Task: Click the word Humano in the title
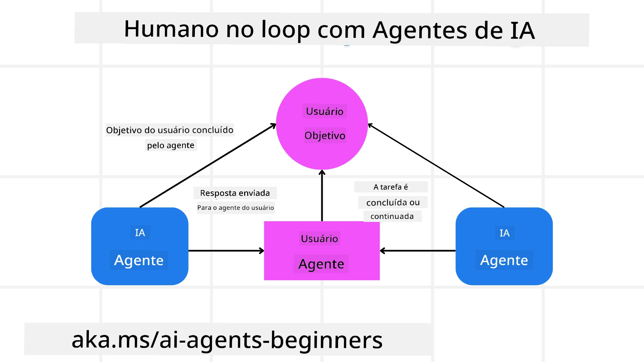pyautogui.click(x=171, y=29)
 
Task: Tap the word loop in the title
pyautogui.click(x=285, y=30)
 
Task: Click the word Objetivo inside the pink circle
pyautogui.click(x=325, y=135)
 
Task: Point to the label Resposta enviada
pyautogui.click(x=235, y=193)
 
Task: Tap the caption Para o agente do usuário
pyautogui.click(x=235, y=208)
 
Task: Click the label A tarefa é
pyautogui.click(x=391, y=187)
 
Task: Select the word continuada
pyautogui.click(x=392, y=217)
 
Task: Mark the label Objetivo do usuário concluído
pyautogui.click(x=170, y=130)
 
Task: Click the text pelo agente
pyautogui.click(x=171, y=145)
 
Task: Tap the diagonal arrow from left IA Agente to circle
pyautogui.click(x=208, y=166)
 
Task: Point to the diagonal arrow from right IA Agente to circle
pyautogui.click(x=436, y=166)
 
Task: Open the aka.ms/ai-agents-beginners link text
pyautogui.click(x=227, y=340)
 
